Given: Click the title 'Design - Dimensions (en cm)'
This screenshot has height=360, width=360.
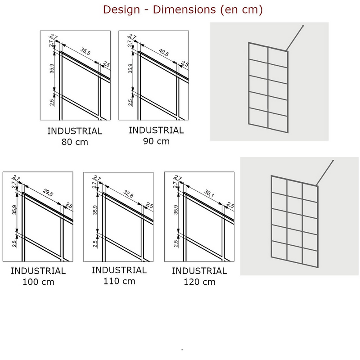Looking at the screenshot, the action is pyautogui.click(x=183, y=10).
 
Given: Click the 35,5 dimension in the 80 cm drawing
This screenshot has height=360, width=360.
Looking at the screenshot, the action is pyautogui.click(x=85, y=51).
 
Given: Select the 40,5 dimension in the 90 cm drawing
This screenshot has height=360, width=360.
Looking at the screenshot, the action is pyautogui.click(x=164, y=52).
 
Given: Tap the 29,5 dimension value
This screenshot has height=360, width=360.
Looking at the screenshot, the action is pyautogui.click(x=48, y=193).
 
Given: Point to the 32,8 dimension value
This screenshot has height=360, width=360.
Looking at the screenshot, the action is pyautogui.click(x=128, y=194).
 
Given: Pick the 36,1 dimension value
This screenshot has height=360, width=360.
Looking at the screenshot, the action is pyautogui.click(x=209, y=193).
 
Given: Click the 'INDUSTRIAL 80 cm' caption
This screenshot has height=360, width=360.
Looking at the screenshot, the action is pyautogui.click(x=75, y=136).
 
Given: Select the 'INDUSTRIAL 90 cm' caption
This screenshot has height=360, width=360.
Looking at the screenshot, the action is pyautogui.click(x=156, y=135).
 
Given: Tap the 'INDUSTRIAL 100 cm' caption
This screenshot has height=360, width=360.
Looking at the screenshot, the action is pyautogui.click(x=38, y=276).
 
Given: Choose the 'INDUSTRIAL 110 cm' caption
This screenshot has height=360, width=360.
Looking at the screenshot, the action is pyautogui.click(x=119, y=275).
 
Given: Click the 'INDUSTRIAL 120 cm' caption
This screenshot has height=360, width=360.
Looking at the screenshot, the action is pyautogui.click(x=199, y=276).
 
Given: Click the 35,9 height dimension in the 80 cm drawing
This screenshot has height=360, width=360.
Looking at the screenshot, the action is pyautogui.click(x=52, y=68).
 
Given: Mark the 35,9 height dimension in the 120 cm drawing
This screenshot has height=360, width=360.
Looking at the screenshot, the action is pyautogui.click(x=175, y=210).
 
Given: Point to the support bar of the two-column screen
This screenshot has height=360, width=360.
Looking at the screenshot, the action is pyautogui.click(x=295, y=38).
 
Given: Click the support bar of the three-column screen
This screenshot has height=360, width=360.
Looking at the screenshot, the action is pyautogui.click(x=324, y=173).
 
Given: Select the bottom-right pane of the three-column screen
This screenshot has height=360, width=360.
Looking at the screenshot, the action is pyautogui.click(x=310, y=257).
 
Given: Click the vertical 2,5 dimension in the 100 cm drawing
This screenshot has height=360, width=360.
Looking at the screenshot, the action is pyautogui.click(x=14, y=243).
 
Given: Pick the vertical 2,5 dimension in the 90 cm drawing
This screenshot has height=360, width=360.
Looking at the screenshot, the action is pyautogui.click(x=130, y=102).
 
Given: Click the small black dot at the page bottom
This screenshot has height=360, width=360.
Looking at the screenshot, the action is pyautogui.click(x=182, y=350).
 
